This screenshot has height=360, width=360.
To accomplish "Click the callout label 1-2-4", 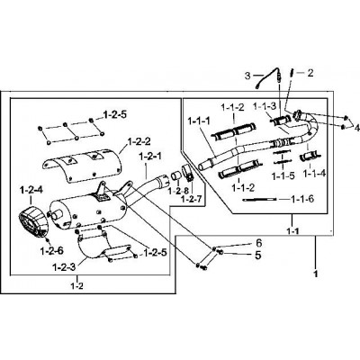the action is point(31,190).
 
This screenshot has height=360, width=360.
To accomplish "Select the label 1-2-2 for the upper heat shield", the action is point(139,141).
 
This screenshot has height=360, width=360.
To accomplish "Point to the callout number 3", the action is point(247,76).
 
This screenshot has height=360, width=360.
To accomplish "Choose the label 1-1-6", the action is point(302,199).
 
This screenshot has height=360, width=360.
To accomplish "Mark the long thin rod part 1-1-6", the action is point(260,200).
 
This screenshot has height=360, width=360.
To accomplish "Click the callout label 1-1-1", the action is point(199,121).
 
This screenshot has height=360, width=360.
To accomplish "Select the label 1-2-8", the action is point(179,191).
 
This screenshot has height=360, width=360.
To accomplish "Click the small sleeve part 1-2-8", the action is point(176,175).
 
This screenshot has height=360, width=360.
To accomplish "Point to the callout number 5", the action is point(258,256).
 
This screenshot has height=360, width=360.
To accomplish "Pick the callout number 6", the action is point(259,242).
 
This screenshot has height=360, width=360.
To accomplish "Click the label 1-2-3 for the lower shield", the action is point(64,266).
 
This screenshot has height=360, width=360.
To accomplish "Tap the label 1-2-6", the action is point(51,250).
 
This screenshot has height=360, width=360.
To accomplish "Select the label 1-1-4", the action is point(314,173).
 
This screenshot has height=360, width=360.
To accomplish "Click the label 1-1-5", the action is point(283,176).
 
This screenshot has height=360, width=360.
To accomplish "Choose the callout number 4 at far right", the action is point(356,128).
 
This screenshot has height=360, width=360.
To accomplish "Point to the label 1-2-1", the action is point(150,157).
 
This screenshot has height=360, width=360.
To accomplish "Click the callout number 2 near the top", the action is point(310,73).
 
